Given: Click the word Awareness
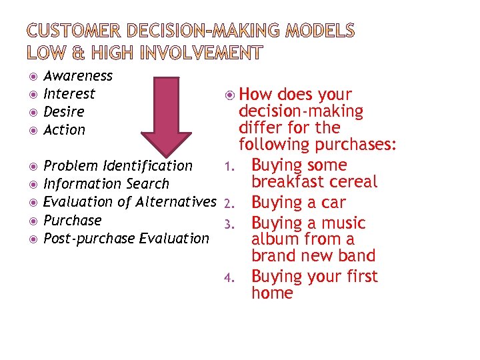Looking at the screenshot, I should (78, 76).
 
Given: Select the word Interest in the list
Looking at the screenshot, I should (69, 94).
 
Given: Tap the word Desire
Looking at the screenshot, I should (64, 112).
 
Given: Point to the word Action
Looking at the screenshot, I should (65, 130).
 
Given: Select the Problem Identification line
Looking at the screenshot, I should (118, 166).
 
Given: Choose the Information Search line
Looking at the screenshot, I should (106, 184).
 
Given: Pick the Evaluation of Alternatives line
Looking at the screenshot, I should (130, 202).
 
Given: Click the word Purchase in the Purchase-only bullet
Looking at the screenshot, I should (73, 220).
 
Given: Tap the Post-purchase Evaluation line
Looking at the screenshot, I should (126, 238).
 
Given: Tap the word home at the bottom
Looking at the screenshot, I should (272, 293).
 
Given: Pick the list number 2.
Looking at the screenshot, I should (228, 203).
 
